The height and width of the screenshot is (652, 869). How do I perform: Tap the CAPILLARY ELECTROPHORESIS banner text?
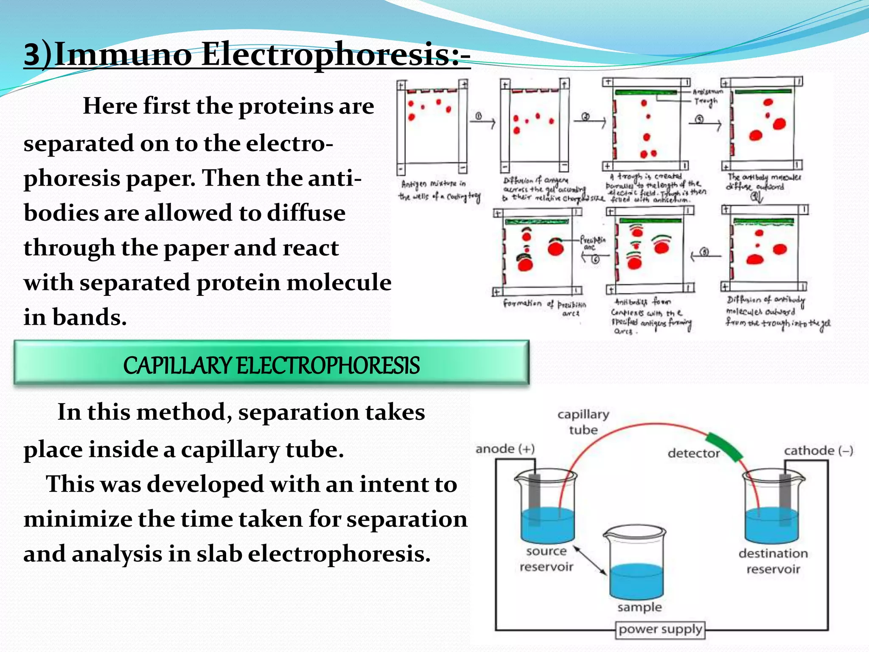pos(272,365)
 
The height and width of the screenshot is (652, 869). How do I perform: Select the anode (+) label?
pos(505,449)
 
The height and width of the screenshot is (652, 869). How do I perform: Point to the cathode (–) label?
pos(818,450)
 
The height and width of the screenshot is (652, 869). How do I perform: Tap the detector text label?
pos(693,453)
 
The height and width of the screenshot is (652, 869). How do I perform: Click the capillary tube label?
pos(583,422)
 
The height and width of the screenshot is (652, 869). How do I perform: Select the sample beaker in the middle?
pos(636,565)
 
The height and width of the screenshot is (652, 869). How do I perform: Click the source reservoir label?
pos(546,559)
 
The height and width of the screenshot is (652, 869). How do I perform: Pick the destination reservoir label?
pos(773,561)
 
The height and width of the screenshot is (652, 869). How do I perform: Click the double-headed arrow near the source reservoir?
pos(590,560)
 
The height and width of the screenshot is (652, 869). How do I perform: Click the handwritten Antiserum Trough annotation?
pos(706,96)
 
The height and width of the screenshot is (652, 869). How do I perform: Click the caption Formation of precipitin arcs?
pos(545,306)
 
